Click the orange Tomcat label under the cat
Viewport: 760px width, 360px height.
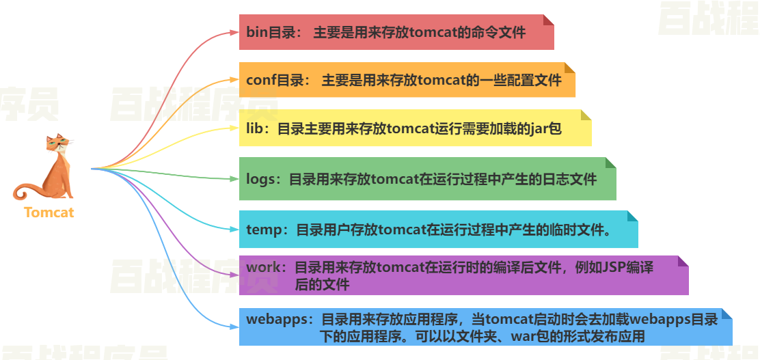coord(49,212)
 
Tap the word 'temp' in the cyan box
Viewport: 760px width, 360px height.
coord(263,230)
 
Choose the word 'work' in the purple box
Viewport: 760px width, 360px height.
coord(263,267)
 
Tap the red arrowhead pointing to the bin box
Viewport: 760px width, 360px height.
coord(234,32)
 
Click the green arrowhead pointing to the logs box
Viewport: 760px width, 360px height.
coord(234,179)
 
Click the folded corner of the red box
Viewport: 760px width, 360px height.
coord(548,20)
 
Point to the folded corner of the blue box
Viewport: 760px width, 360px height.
coord(727,314)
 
